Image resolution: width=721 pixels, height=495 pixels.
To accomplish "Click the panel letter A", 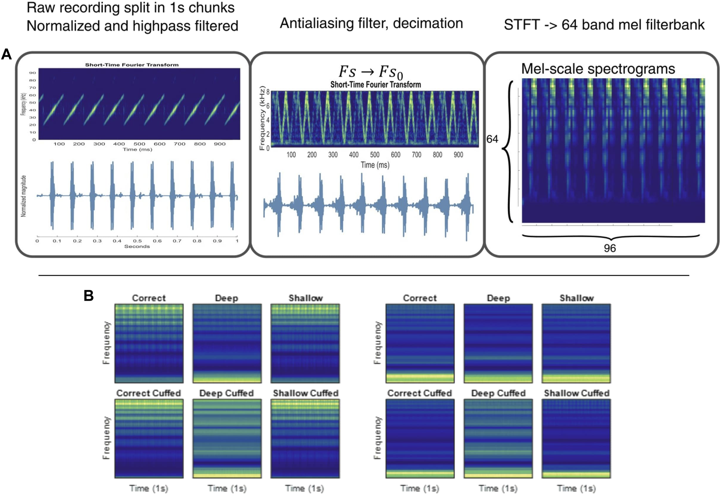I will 7,54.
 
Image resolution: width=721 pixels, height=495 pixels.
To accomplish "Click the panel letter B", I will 89,295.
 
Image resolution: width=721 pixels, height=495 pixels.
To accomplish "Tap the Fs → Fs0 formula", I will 371,72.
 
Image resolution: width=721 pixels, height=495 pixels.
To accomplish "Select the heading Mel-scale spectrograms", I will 598,69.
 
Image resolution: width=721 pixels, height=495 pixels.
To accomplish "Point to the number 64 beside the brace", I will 492,139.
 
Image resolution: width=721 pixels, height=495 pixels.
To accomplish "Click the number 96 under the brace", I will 610,248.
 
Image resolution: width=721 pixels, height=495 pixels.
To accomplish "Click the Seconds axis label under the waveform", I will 137,246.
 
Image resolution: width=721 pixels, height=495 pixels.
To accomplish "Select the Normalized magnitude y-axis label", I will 24,196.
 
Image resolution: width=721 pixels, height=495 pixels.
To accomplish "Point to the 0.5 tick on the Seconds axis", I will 137,241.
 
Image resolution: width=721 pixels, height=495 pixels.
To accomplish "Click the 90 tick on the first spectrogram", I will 32,73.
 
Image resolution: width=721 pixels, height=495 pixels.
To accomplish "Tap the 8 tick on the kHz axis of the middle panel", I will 268,92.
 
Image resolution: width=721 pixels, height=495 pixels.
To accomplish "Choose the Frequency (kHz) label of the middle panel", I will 262,119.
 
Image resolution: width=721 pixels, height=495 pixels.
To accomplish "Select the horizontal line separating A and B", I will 364,275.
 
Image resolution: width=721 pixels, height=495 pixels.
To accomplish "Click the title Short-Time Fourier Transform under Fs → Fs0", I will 375,85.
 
